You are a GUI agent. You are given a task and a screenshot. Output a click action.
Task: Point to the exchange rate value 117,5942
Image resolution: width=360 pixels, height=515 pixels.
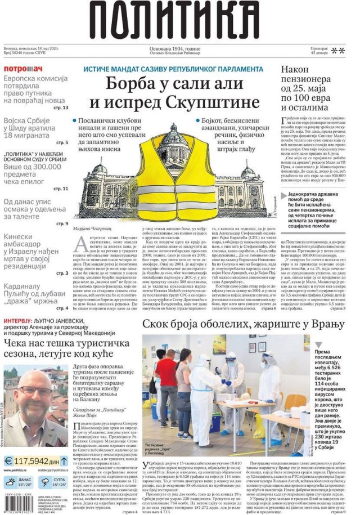pos(35,461)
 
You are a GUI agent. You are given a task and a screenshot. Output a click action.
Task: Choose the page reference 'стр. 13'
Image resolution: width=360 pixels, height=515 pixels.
pos(60,107)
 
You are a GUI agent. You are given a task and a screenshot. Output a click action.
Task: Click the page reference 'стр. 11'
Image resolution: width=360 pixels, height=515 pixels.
pos(60,189)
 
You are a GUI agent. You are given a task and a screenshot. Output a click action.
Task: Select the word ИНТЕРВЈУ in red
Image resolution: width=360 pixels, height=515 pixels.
pos(23,322)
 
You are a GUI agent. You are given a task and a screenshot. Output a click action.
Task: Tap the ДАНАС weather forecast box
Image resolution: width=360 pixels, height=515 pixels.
pos(19,482)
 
